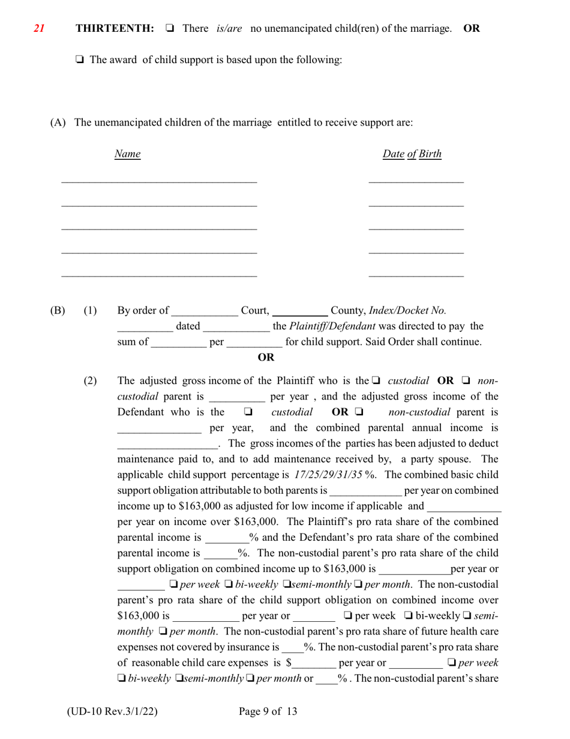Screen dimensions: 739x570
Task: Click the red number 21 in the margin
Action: click(x=39, y=28)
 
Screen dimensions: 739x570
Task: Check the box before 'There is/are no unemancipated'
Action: click(x=169, y=28)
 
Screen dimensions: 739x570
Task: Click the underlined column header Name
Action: click(x=127, y=154)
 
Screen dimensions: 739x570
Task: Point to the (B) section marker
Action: click(x=58, y=311)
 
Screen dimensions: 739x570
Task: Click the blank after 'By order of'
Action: click(x=205, y=312)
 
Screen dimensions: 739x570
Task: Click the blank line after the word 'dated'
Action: click(x=236, y=328)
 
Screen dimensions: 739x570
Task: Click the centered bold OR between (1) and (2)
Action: click(x=266, y=357)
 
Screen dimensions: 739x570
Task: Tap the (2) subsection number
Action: click(x=90, y=381)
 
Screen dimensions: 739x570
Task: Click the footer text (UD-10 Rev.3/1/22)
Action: click(x=112, y=712)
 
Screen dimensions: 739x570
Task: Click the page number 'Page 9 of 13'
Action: click(x=268, y=712)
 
